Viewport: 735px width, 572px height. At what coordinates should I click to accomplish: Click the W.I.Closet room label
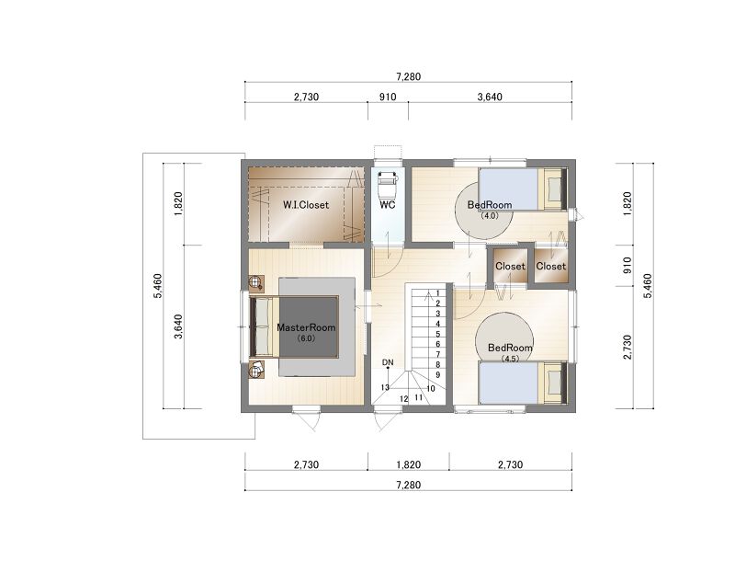(x=306, y=205)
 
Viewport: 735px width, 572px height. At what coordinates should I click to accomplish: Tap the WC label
(x=387, y=204)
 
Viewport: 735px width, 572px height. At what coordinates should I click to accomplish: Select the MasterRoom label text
(x=306, y=327)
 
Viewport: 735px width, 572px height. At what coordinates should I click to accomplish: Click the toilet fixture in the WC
(x=388, y=185)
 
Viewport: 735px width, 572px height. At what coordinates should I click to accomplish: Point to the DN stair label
(x=388, y=362)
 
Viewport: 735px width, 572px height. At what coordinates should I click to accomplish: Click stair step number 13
(x=385, y=387)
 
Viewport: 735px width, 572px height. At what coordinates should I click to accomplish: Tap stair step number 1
(x=438, y=293)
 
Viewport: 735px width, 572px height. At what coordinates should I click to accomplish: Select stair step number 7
(x=438, y=354)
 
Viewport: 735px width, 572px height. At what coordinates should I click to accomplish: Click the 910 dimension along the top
(x=388, y=97)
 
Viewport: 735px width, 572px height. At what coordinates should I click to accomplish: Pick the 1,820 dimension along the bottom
(x=408, y=464)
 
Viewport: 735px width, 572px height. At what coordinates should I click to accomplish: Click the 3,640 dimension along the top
(x=490, y=97)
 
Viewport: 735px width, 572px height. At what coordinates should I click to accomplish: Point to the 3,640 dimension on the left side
(x=178, y=326)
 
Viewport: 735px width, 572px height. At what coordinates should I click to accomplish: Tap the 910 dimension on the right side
(x=628, y=265)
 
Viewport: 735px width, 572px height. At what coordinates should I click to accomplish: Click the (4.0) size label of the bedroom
(x=490, y=216)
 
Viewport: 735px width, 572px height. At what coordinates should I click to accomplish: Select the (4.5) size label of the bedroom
(x=510, y=359)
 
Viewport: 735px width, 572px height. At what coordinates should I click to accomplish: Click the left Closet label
(x=510, y=266)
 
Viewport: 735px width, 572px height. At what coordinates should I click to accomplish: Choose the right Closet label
(x=550, y=266)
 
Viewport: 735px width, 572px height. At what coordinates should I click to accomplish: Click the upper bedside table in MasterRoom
(x=256, y=283)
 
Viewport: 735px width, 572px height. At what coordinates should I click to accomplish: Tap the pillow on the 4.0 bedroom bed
(x=555, y=189)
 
